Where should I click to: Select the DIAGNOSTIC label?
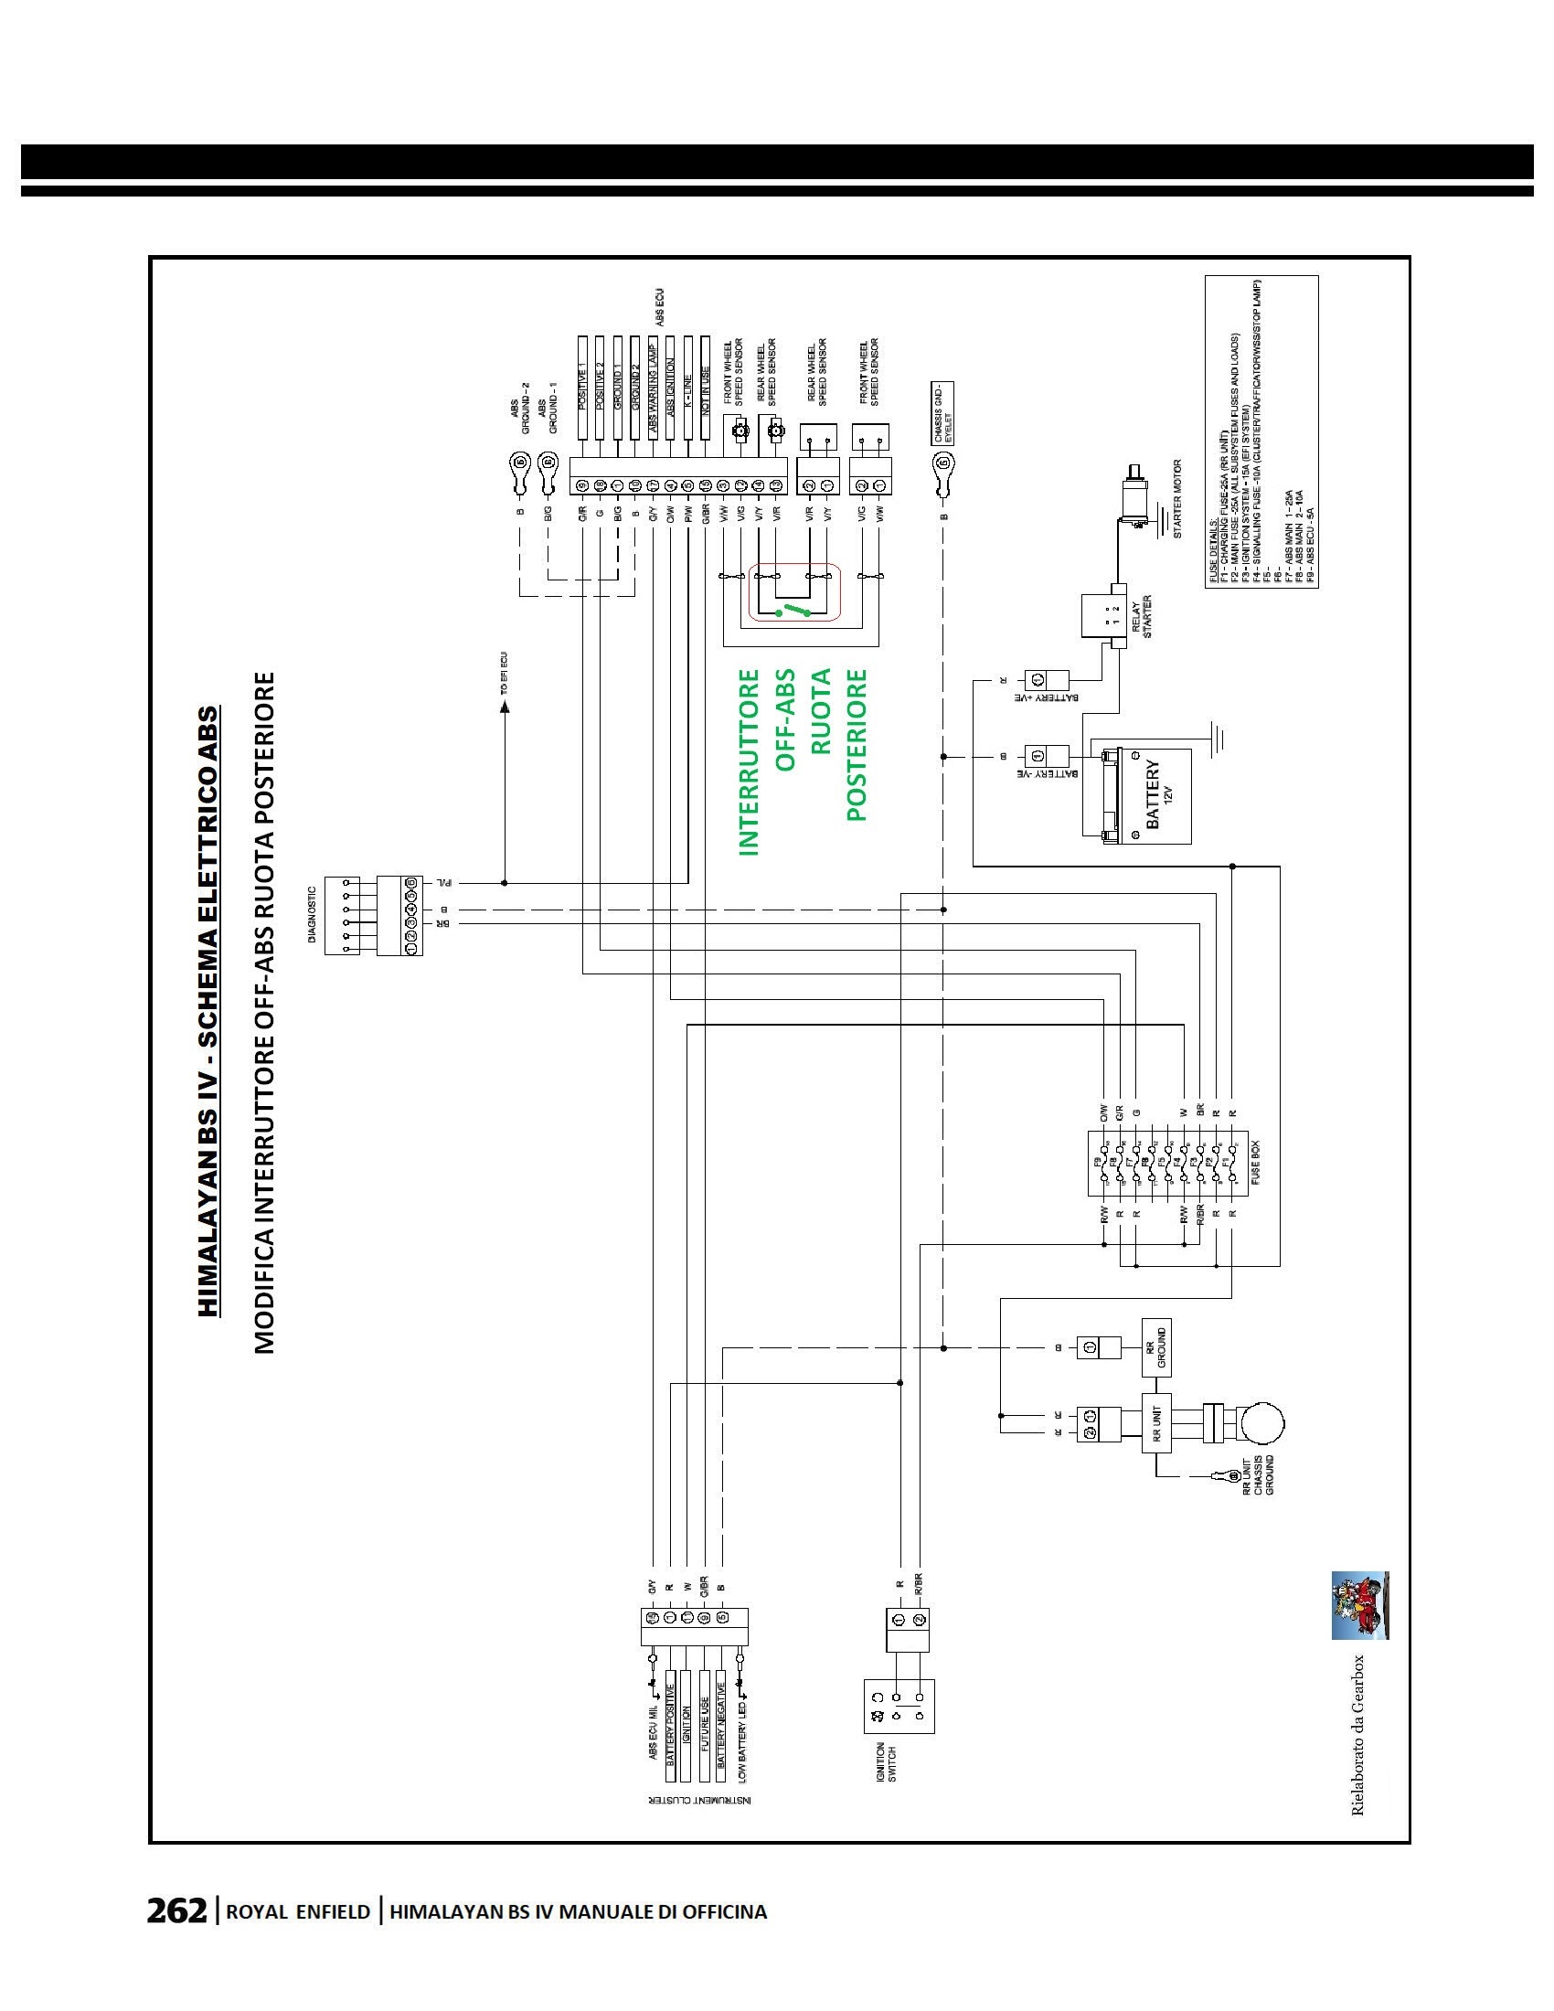coord(312,914)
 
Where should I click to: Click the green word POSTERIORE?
coord(857,745)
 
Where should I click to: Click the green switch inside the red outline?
coord(793,612)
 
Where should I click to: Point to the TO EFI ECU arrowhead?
coord(504,708)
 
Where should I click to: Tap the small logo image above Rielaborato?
coord(1360,1605)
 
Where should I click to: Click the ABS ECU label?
coord(660,307)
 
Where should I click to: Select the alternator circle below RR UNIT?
coord(1261,1423)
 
